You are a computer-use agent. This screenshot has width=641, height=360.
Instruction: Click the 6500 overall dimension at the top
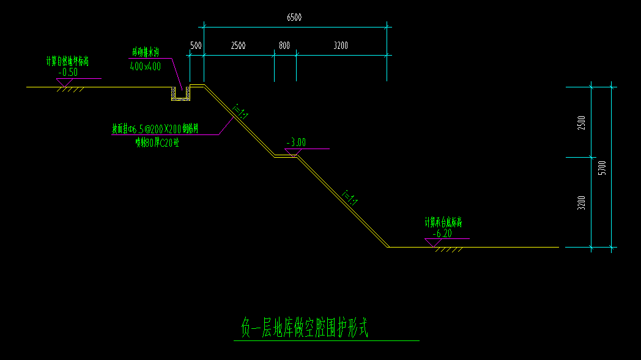(x=294, y=18)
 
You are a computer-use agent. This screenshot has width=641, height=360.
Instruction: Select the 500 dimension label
(x=196, y=46)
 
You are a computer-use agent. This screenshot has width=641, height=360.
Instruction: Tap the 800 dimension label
(x=284, y=46)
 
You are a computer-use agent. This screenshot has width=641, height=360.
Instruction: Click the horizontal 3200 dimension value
(x=341, y=46)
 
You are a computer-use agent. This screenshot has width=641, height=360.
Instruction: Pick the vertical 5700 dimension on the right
(x=602, y=167)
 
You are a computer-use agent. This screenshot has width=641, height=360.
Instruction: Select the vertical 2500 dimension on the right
(x=581, y=122)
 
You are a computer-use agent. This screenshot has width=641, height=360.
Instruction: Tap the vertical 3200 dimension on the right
(x=581, y=202)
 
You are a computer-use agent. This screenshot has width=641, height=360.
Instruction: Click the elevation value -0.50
(x=68, y=72)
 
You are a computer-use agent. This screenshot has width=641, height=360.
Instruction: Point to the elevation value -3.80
(x=296, y=143)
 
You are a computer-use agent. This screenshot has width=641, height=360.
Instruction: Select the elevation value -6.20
(x=442, y=233)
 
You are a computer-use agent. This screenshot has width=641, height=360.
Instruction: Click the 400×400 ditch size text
(x=146, y=67)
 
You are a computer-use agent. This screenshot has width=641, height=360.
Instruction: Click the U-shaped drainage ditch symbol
(x=180, y=94)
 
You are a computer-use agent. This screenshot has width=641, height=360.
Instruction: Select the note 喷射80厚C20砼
(x=157, y=143)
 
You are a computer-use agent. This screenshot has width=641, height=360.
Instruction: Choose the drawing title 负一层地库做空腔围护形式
(x=303, y=328)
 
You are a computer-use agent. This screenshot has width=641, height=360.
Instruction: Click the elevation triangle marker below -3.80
(x=294, y=153)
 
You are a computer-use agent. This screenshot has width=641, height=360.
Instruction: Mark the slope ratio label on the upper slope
(x=240, y=111)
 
